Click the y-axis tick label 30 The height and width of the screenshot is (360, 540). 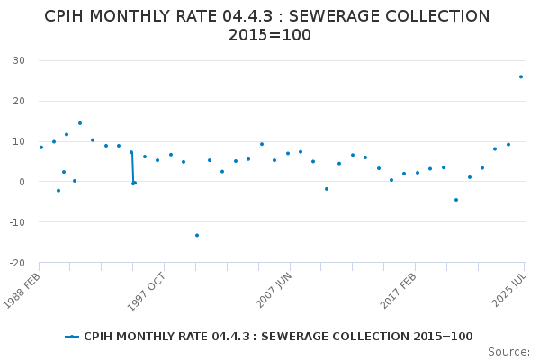pyautogui.click(x=18, y=60)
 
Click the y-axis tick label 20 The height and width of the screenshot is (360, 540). pyautogui.click(x=18, y=101)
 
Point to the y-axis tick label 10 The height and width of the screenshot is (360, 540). pyautogui.click(x=18, y=141)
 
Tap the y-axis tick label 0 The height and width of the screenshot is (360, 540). pyautogui.click(x=22, y=182)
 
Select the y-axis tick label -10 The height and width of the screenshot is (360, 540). pyautogui.click(x=16, y=222)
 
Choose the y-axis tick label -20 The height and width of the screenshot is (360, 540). pyautogui.click(x=16, y=263)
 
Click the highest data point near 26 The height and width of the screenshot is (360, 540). pyautogui.click(x=520, y=76)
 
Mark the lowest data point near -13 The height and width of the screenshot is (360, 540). pyautogui.click(x=197, y=235)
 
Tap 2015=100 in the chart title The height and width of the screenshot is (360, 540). pyautogui.click(x=269, y=35)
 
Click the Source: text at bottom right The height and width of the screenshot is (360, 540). pyautogui.click(x=508, y=352)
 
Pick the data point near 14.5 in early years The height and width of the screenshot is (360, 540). pyautogui.click(x=79, y=123)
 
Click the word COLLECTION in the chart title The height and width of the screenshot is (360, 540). pyautogui.click(x=429, y=16)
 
